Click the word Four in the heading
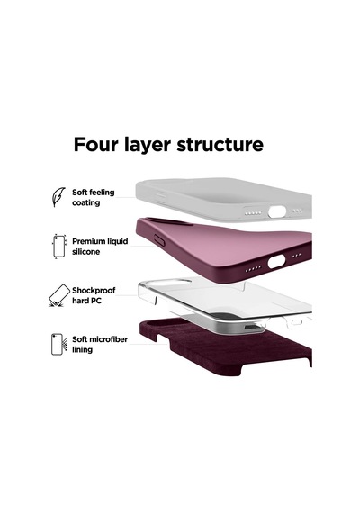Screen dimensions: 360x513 point(95,144)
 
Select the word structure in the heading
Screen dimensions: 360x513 point(220,145)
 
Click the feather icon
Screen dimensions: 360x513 point(58,196)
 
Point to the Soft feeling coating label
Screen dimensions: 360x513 point(94,197)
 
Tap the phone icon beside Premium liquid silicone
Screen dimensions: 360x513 point(59,247)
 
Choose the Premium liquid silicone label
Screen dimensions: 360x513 point(100,247)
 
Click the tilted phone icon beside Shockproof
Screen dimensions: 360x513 point(58,295)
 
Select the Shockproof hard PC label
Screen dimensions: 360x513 point(94,295)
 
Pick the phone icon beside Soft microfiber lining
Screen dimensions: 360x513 point(58,344)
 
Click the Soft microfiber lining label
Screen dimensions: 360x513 point(100,344)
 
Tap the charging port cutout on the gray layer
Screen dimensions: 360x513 point(277,211)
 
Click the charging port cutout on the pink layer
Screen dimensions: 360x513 point(276,262)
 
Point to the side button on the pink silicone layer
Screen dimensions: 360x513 point(159,240)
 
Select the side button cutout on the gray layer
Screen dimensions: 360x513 point(161,198)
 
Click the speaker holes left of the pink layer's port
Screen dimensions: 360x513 point(253,268)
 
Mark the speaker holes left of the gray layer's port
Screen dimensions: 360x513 point(254,213)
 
